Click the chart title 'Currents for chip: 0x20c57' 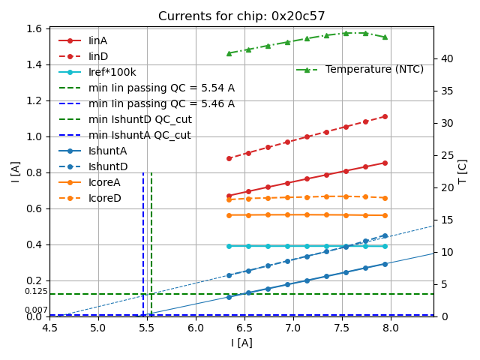click(241, 16)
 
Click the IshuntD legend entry click(108, 166)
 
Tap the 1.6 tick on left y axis click(34, 28)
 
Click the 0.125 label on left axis click(35, 292)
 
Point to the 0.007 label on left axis click(35, 310)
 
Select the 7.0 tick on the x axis click(293, 328)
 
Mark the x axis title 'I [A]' click(241, 343)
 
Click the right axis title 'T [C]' click(463, 172)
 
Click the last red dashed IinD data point click(385, 116)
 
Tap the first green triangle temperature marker click(229, 53)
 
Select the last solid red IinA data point click(385, 163)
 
